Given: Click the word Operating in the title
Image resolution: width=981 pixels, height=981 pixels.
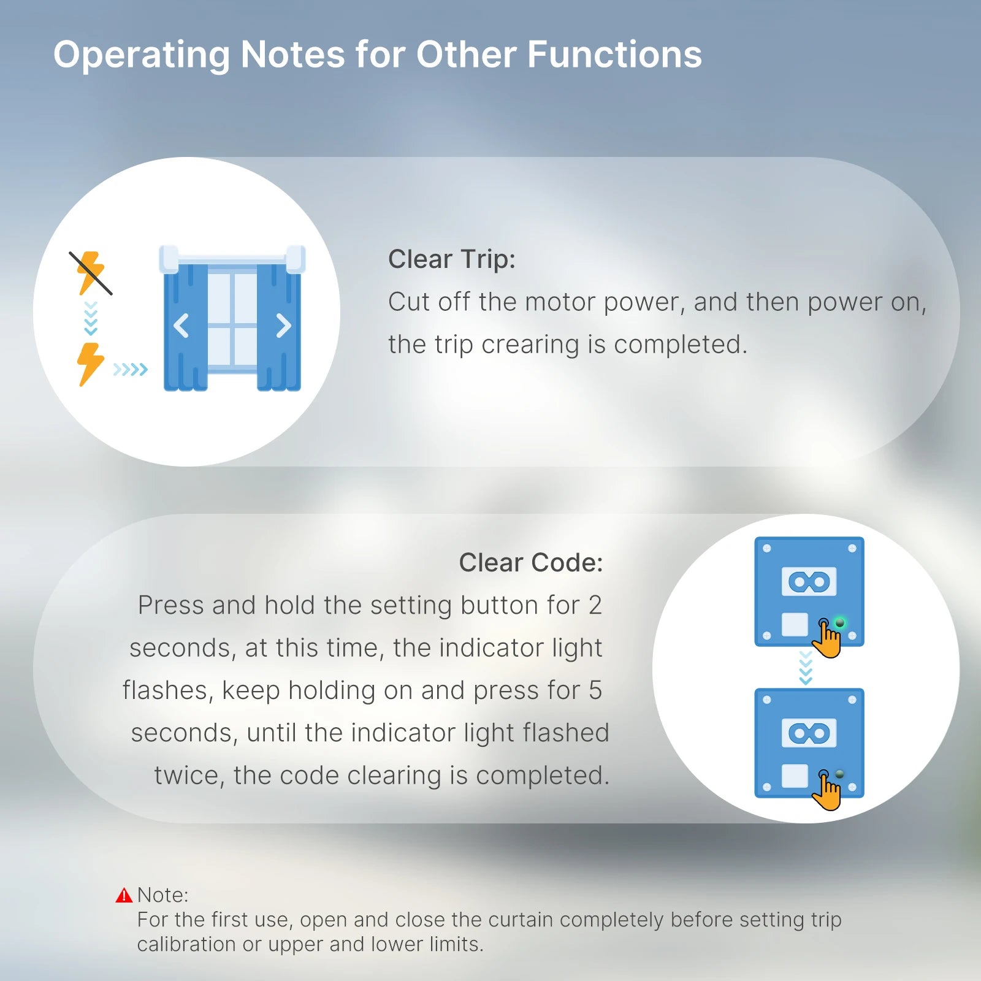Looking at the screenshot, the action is pos(142,55).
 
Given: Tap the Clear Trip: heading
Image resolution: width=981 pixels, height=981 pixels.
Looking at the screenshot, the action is pos(452,259).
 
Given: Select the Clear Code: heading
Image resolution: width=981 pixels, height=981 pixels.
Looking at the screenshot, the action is pos(531,562).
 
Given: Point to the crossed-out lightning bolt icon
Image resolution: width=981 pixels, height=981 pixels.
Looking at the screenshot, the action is pos(91,273).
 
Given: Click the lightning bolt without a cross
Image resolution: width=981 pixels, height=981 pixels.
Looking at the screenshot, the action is pos(90,364).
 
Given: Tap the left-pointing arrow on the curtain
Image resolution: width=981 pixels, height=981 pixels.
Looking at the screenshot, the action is pos(181,326).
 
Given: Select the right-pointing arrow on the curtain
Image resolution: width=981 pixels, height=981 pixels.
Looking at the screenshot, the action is pos(283,326).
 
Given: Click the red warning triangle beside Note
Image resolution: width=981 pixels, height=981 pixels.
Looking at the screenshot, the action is pos(124,895).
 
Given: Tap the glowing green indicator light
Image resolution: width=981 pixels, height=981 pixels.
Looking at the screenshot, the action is pos(839,623).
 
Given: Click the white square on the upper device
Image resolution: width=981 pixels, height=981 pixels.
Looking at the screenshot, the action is pos(795,625).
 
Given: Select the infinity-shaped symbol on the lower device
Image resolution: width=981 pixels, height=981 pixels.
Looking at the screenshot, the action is pos(809,733).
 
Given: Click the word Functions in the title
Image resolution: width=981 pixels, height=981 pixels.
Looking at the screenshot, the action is pos(614,55).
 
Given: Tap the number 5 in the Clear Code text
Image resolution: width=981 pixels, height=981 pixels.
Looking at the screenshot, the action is pos(595,690).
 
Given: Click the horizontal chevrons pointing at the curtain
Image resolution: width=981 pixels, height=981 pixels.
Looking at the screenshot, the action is pos(131,369).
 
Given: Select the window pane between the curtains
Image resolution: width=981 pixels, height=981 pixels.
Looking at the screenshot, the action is pos(232,319).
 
